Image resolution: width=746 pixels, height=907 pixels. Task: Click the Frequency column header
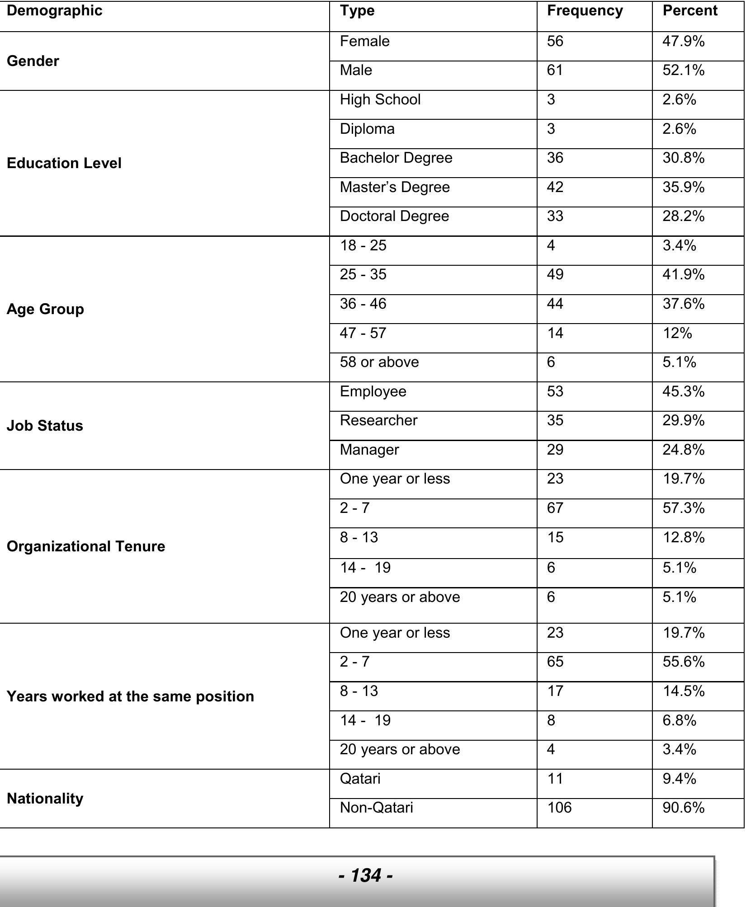(x=585, y=11)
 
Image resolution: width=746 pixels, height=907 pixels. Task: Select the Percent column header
(x=689, y=11)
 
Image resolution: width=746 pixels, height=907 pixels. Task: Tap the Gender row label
(x=33, y=61)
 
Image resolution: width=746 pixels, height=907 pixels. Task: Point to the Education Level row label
(x=64, y=163)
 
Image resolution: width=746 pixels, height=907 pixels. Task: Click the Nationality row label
(x=45, y=798)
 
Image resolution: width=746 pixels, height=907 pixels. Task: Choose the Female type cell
(x=364, y=42)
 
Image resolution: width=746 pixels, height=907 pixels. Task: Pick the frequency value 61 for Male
(x=555, y=70)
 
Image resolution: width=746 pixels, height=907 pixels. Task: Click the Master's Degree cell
(x=395, y=187)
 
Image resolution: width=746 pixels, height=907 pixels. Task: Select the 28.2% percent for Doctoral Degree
(x=683, y=216)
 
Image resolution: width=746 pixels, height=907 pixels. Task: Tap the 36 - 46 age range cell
(x=363, y=304)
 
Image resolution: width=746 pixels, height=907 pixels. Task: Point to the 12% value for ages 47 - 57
(x=677, y=334)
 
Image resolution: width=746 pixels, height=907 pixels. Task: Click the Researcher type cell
(x=378, y=421)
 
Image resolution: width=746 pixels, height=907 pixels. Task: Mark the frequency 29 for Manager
(x=555, y=450)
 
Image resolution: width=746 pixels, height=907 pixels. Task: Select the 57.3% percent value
(x=683, y=508)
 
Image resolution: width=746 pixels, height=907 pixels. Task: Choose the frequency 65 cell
(x=555, y=662)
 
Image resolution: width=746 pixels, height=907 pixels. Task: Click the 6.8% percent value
(x=679, y=720)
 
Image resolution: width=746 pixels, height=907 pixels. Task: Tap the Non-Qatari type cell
(x=376, y=808)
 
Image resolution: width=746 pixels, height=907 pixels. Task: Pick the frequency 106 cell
(x=559, y=808)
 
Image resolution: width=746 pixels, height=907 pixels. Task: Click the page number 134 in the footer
(x=365, y=875)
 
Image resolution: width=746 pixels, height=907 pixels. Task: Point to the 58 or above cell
(x=379, y=362)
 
